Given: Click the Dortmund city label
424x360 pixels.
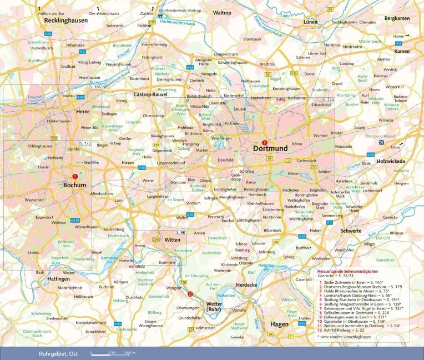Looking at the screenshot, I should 270,149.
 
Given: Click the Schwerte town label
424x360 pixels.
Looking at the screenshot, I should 351,231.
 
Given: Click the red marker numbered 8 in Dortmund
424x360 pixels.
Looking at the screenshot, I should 264,142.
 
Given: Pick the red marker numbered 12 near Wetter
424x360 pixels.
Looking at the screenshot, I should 190,293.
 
